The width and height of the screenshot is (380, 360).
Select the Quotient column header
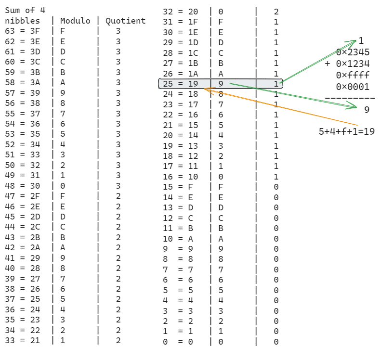pos(126,21)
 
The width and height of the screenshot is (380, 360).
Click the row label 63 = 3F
pos(23,31)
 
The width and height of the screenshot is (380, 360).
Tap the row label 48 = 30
pos(23,185)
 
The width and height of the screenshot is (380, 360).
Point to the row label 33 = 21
pos(23,340)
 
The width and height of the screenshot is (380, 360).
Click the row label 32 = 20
pos(181,12)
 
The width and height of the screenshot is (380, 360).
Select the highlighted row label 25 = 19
pos(181,84)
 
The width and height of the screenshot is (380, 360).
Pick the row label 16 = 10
pos(181,177)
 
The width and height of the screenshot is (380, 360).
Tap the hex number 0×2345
pos(353,52)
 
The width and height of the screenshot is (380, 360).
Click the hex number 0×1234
pos(353,64)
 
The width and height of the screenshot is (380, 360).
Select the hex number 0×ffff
pos(353,75)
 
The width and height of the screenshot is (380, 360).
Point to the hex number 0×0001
pos(353,87)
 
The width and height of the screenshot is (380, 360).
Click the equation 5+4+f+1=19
pos(346,131)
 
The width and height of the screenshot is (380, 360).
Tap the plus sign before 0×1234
pos(328,64)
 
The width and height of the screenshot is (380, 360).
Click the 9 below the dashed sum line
pos(367,110)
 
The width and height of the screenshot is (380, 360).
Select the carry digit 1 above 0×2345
pos(361,41)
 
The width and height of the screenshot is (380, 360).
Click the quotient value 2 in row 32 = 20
pos(276,12)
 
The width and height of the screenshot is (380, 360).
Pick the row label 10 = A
pos(178,239)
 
